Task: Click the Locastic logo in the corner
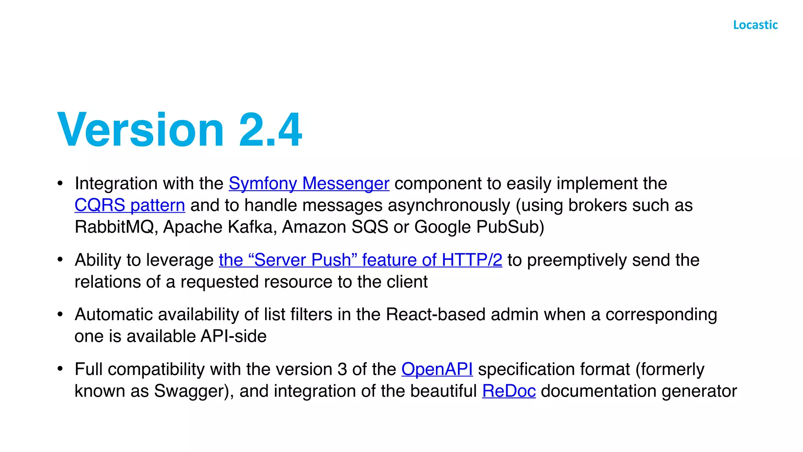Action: pos(755,25)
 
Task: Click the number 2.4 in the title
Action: pos(271,129)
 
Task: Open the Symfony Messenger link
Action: pos(309,184)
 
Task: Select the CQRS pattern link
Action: pos(130,205)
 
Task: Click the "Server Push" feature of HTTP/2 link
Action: pos(360,260)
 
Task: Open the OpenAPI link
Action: pos(437,369)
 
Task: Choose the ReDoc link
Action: pos(509,391)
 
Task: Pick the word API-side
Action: pos(234,336)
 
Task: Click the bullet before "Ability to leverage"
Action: pos(60,259)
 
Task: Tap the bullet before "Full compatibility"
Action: pos(60,368)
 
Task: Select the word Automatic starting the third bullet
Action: pos(114,315)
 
